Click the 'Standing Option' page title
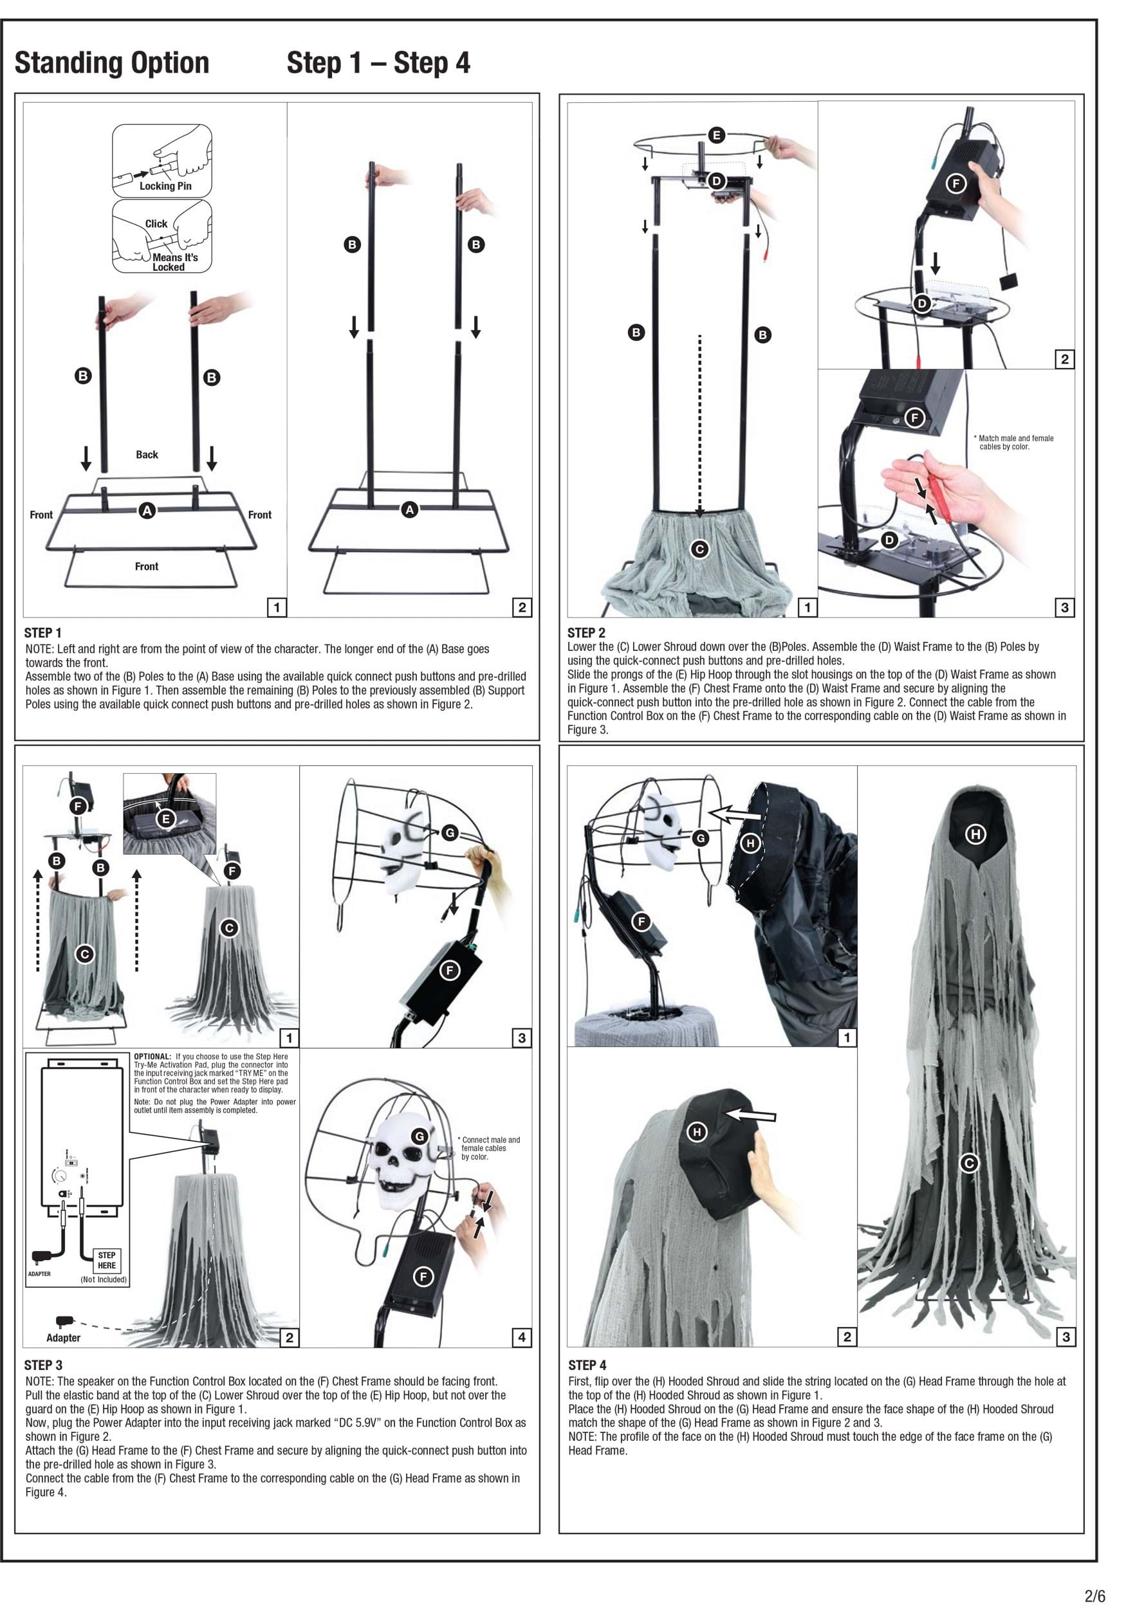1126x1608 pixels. click(112, 63)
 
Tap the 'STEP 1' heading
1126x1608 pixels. click(42, 632)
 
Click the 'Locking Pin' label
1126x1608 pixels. click(165, 186)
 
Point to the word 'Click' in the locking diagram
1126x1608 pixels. click(156, 223)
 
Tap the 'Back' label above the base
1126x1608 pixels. click(147, 455)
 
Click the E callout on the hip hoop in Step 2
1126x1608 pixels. click(716, 134)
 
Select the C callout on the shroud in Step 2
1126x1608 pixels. click(699, 549)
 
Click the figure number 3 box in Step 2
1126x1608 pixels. click(1065, 607)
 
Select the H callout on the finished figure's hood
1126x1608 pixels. click(975, 834)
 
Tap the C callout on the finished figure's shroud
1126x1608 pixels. click(969, 1164)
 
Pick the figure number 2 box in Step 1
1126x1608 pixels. click(522, 607)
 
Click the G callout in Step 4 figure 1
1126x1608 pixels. click(700, 837)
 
